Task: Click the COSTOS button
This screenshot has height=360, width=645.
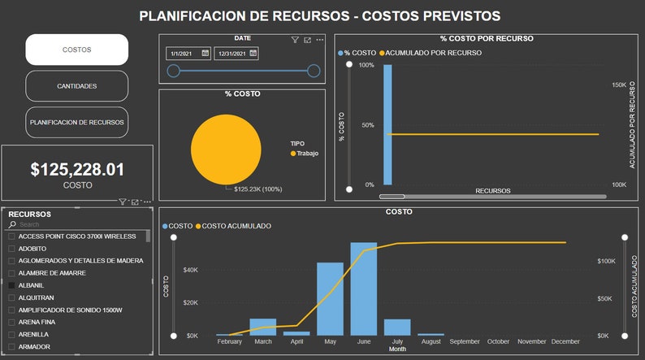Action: (x=77, y=50)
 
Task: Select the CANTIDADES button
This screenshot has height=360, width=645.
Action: (x=77, y=86)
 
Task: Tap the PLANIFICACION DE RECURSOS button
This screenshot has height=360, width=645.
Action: (x=77, y=122)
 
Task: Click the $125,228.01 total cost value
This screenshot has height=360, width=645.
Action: (x=77, y=170)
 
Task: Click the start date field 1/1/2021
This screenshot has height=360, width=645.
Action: (x=184, y=54)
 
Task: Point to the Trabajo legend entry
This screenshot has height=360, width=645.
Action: (x=306, y=153)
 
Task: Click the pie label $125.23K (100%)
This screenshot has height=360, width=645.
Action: (x=258, y=189)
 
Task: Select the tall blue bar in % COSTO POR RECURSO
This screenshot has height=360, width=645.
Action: (x=387, y=124)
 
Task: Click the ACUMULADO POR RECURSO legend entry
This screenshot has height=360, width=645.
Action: (x=434, y=53)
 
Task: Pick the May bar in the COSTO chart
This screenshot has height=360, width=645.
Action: (x=330, y=298)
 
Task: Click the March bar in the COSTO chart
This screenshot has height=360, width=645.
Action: (x=262, y=327)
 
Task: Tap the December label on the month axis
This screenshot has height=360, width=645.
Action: (x=565, y=341)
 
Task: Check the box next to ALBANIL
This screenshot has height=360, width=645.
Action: (x=11, y=285)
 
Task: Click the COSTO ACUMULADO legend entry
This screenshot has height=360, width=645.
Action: (x=236, y=226)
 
